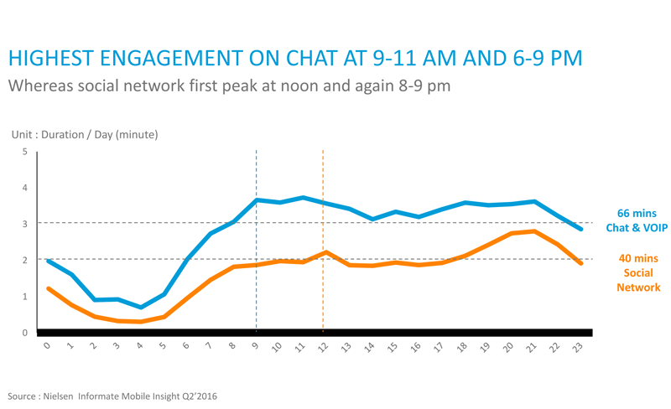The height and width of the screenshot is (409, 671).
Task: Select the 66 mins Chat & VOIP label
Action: point(637,220)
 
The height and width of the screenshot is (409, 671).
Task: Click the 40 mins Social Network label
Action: point(638,273)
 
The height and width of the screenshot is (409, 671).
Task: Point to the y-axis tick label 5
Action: point(25,152)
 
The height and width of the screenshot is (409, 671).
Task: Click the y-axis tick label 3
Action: point(25,224)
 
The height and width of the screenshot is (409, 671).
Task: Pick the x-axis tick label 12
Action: point(324,346)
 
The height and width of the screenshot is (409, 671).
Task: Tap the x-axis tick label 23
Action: point(578,346)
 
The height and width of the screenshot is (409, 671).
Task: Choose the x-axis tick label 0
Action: point(47,345)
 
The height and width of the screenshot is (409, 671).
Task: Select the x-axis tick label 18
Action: point(462,346)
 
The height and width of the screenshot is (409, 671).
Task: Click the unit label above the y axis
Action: point(85,135)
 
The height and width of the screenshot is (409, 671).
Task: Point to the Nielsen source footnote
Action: point(112,396)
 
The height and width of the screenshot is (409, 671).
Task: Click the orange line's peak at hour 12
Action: point(326,252)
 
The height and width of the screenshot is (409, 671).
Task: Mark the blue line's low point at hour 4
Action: point(141,308)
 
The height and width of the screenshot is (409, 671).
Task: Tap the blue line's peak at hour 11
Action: point(303,198)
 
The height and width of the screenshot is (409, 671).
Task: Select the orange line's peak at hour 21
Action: point(534,231)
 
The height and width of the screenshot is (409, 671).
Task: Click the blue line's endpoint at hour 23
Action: point(580,230)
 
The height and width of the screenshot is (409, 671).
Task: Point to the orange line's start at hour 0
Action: point(48,289)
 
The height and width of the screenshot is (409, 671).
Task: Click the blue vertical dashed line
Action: point(257,241)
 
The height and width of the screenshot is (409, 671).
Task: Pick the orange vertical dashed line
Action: point(323,241)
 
